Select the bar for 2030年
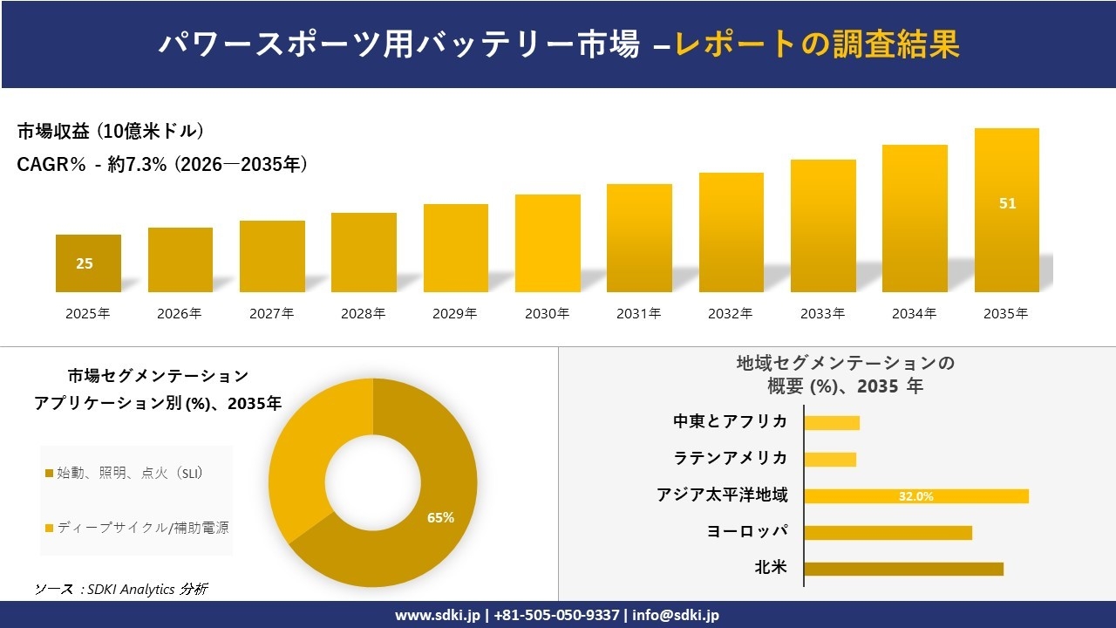point(548,243)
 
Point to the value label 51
point(1007,203)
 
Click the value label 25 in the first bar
point(85,263)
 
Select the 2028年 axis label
point(364,314)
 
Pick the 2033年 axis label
point(823,314)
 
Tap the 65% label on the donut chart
point(440,517)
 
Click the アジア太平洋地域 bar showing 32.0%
point(916,496)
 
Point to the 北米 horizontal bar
point(903,569)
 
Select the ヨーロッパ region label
point(747,532)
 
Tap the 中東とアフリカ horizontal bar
point(832,423)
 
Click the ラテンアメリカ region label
point(731,459)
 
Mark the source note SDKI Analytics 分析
point(121,590)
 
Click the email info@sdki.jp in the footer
point(677,615)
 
